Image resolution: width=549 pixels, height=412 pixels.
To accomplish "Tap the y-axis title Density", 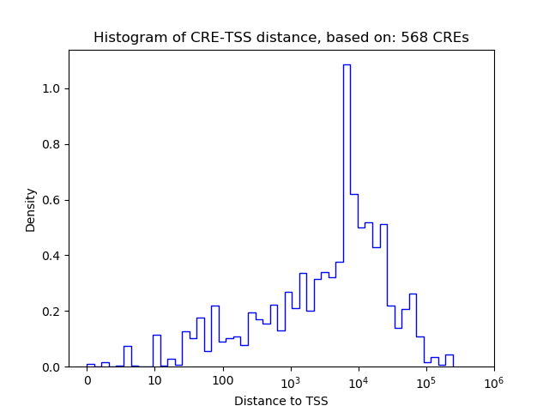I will [31, 209].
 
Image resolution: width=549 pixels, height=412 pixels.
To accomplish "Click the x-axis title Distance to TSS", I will [281, 401].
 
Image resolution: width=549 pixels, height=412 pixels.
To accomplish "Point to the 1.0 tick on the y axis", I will [53, 88].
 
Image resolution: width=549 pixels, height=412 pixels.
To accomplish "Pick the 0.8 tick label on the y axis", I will [53, 144].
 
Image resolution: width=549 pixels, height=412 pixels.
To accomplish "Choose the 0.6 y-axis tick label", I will [53, 200].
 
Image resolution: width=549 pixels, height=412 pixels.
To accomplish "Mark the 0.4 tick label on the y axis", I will [53, 256].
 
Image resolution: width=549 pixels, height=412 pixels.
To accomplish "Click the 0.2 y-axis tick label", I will [53, 312].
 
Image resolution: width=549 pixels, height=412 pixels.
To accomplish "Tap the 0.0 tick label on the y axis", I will [53, 367].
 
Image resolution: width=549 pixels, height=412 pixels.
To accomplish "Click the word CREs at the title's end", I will [449, 38].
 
